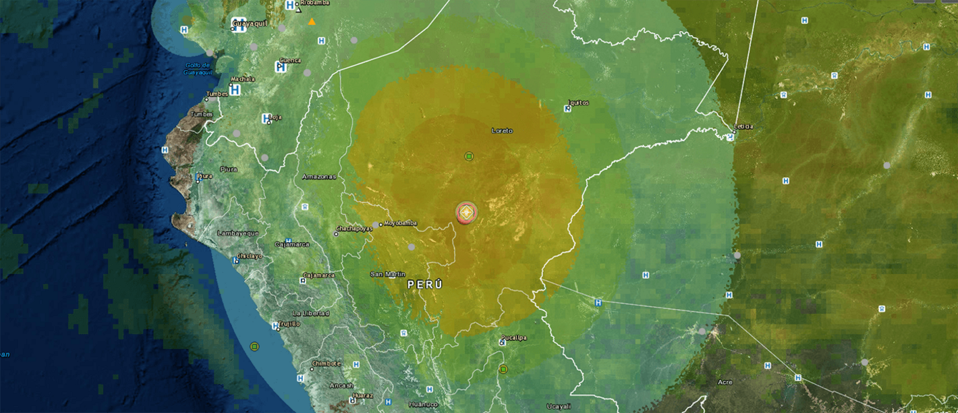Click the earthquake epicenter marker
466,213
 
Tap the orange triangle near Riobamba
311,22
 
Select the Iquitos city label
579,103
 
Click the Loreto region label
502,130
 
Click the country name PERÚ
425,285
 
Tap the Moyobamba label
400,223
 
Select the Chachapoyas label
354,229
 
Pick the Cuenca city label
289,59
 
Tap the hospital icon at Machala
235,89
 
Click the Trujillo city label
289,323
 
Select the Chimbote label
326,363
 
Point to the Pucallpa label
513,337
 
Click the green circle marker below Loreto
469,157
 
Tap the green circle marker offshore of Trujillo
254,346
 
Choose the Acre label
725,382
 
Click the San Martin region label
388,274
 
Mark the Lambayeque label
237,233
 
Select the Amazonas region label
318,177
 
